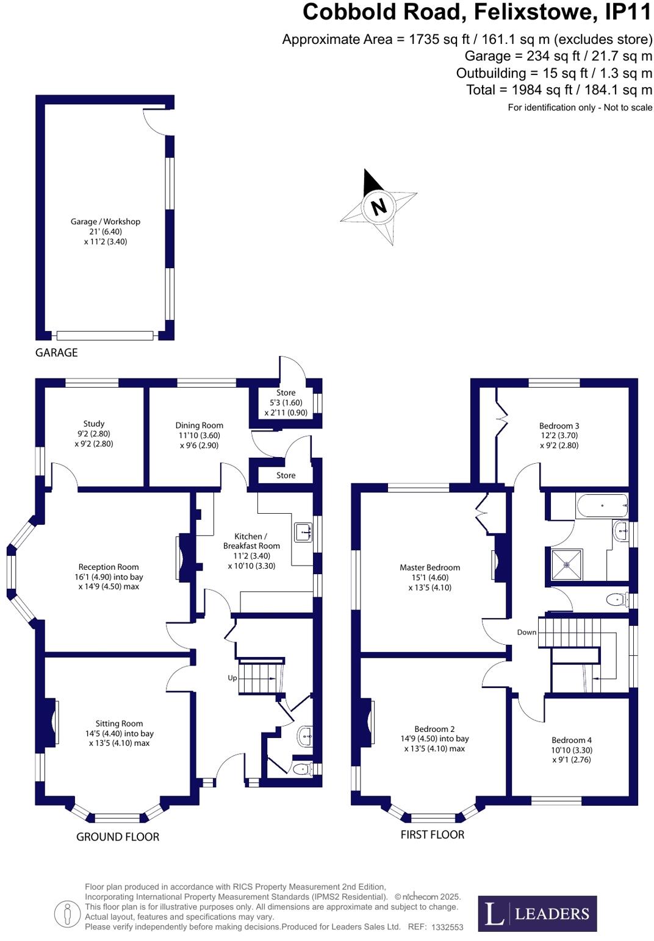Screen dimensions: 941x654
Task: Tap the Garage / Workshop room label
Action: [106, 222]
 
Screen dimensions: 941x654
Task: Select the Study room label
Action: [94, 424]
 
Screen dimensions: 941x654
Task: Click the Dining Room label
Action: [199, 425]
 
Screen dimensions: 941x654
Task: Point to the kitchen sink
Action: [303, 532]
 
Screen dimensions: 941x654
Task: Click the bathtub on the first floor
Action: [601, 506]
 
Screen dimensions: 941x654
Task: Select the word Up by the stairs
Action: [232, 678]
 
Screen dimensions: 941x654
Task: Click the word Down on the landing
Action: [526, 632]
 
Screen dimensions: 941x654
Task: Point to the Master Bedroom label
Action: [430, 567]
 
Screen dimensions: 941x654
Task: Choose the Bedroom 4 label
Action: [572, 740]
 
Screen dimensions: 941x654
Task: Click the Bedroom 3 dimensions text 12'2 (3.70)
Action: [559, 436]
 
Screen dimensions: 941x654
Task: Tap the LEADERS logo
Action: [537, 913]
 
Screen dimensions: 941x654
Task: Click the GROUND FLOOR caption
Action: [118, 837]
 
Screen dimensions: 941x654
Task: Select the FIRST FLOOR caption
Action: [432, 834]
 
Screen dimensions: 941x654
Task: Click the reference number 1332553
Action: [447, 927]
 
